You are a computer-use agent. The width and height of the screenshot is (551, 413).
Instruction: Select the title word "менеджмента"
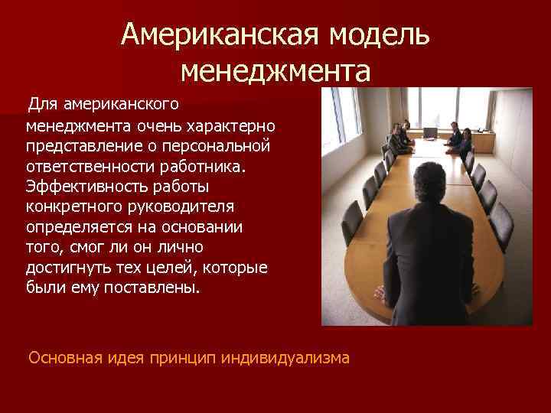pyautogui.click(x=275, y=72)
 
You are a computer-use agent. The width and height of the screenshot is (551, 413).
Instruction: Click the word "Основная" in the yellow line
pyautogui.click(x=64, y=356)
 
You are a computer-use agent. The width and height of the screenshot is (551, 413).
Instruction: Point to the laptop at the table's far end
pyautogui.click(x=430, y=132)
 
